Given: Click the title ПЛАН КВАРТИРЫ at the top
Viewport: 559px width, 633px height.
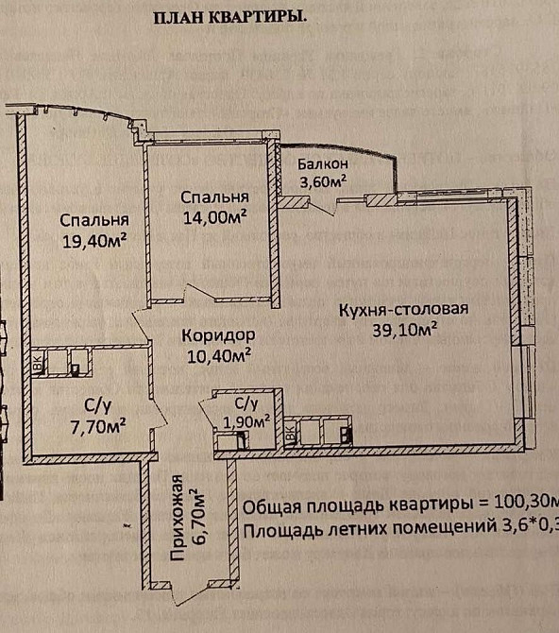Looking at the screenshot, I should pyautogui.click(x=230, y=18).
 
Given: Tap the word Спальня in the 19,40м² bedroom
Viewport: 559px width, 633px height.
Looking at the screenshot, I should pyautogui.click(x=93, y=219).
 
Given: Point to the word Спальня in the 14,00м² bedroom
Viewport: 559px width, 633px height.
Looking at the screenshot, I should pyautogui.click(x=214, y=197).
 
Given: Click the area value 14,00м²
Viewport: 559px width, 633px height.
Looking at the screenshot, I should pyautogui.click(x=215, y=215).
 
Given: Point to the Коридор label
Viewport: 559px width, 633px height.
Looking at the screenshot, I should pyautogui.click(x=218, y=334).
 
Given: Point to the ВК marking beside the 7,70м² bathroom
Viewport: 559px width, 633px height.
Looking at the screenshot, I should pyautogui.click(x=39, y=364).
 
